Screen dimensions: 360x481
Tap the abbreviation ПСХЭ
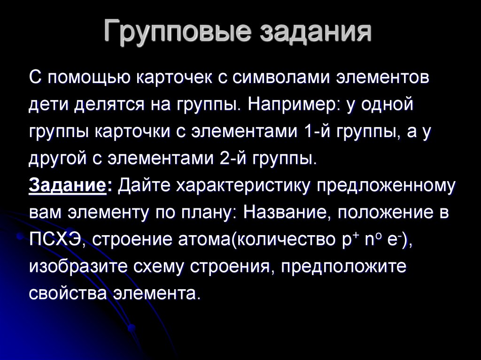(x=56, y=239)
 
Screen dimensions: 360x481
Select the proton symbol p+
(x=348, y=239)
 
